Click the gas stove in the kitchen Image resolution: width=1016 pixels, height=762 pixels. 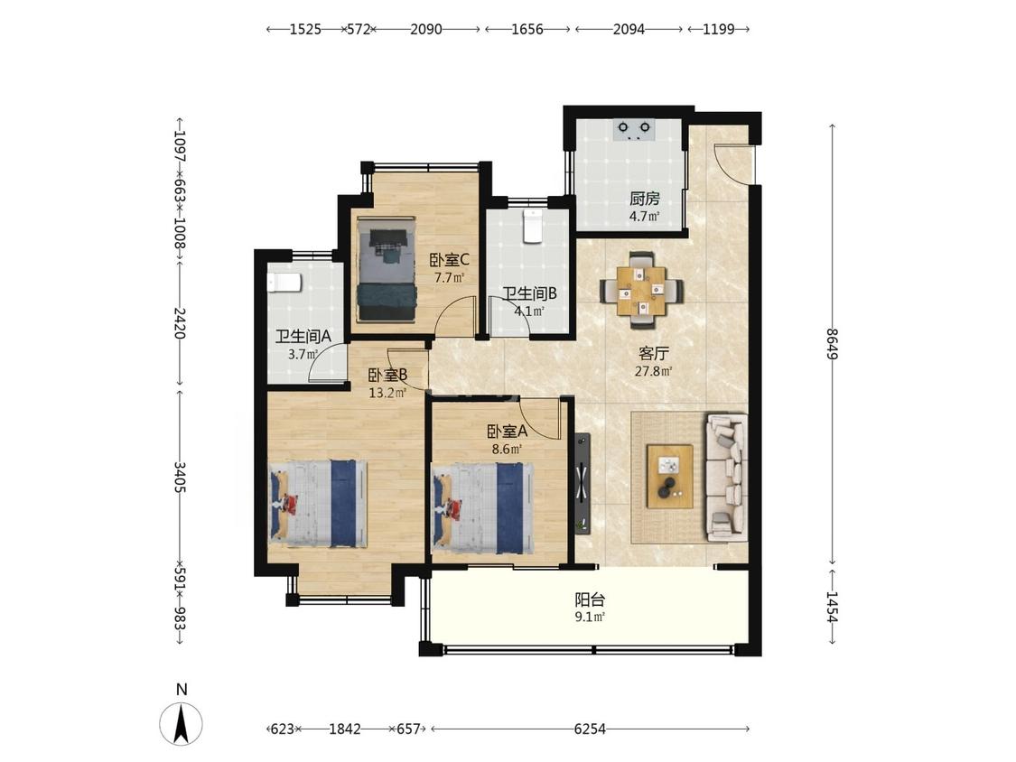(634, 130)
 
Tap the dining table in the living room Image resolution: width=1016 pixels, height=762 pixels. (641, 291)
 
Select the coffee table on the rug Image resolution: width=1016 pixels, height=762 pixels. (669, 477)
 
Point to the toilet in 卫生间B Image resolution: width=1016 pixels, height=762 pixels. (533, 226)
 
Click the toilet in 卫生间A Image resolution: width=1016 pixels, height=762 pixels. (284, 283)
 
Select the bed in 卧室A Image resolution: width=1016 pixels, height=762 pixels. (483, 508)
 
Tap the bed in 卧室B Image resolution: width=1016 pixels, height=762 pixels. (318, 504)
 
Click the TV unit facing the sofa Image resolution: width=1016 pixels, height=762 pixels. (582, 483)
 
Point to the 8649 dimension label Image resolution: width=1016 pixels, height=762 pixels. (833, 345)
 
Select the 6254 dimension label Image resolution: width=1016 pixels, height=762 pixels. (590, 729)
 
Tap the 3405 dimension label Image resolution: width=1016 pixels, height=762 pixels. (180, 477)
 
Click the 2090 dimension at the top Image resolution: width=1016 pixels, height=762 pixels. (425, 29)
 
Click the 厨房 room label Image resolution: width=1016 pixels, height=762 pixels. (644, 199)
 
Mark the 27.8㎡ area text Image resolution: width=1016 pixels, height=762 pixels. (653, 371)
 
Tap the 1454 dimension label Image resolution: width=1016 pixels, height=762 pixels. (833, 607)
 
